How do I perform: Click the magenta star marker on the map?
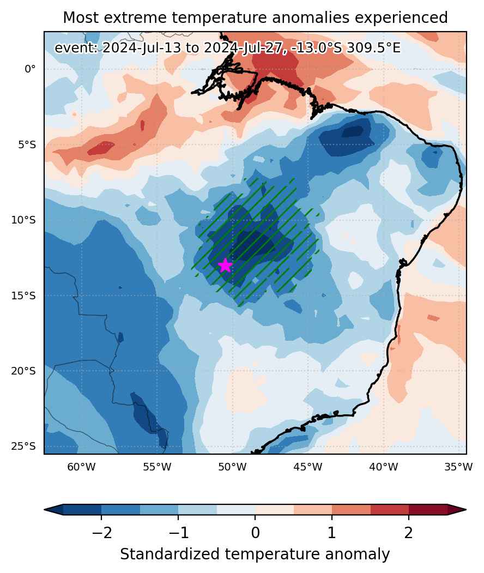[226, 266]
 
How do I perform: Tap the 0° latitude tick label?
[31, 69]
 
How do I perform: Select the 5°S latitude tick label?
[27, 144]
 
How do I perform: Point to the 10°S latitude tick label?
[24, 220]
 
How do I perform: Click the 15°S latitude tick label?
[24, 295]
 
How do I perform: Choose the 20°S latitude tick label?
[24, 371]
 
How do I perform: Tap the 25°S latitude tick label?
[24, 447]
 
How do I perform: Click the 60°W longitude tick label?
[81, 467]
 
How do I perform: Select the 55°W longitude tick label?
[157, 467]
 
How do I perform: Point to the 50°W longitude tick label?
[232, 467]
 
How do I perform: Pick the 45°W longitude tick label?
[308, 467]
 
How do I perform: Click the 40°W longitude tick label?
[384, 467]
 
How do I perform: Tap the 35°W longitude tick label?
[459, 467]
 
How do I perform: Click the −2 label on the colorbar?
[101, 533]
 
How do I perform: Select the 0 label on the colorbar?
[255, 533]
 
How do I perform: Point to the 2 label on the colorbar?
[409, 533]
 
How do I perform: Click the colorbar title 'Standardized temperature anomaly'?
[255, 554]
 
